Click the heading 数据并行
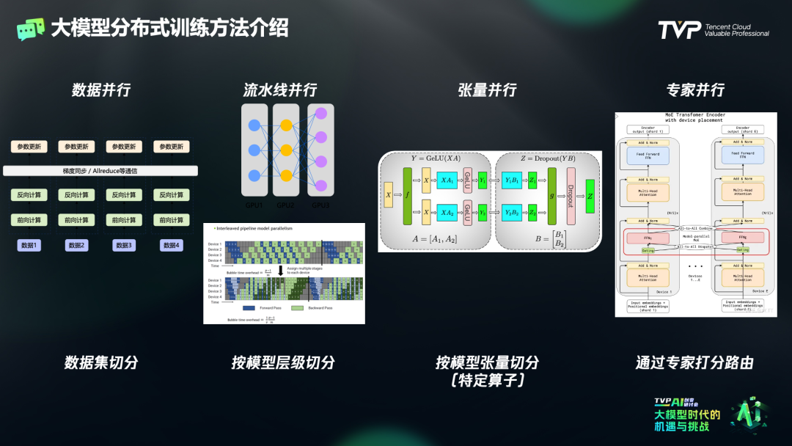[101, 90]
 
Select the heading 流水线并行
[280, 90]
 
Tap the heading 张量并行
[487, 90]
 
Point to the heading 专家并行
[695, 90]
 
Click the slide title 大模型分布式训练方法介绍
[169, 28]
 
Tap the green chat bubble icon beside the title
[30, 29]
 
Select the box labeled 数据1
[31, 245]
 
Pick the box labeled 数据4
[171, 245]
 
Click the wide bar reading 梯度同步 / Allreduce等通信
[100, 171]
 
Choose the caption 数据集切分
[101, 362]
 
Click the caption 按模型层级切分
[283, 362]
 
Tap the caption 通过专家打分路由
[694, 362]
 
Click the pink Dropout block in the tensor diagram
[570, 196]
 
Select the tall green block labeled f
[407, 196]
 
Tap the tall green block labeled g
[551, 196]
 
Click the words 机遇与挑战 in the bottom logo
[682, 427]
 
